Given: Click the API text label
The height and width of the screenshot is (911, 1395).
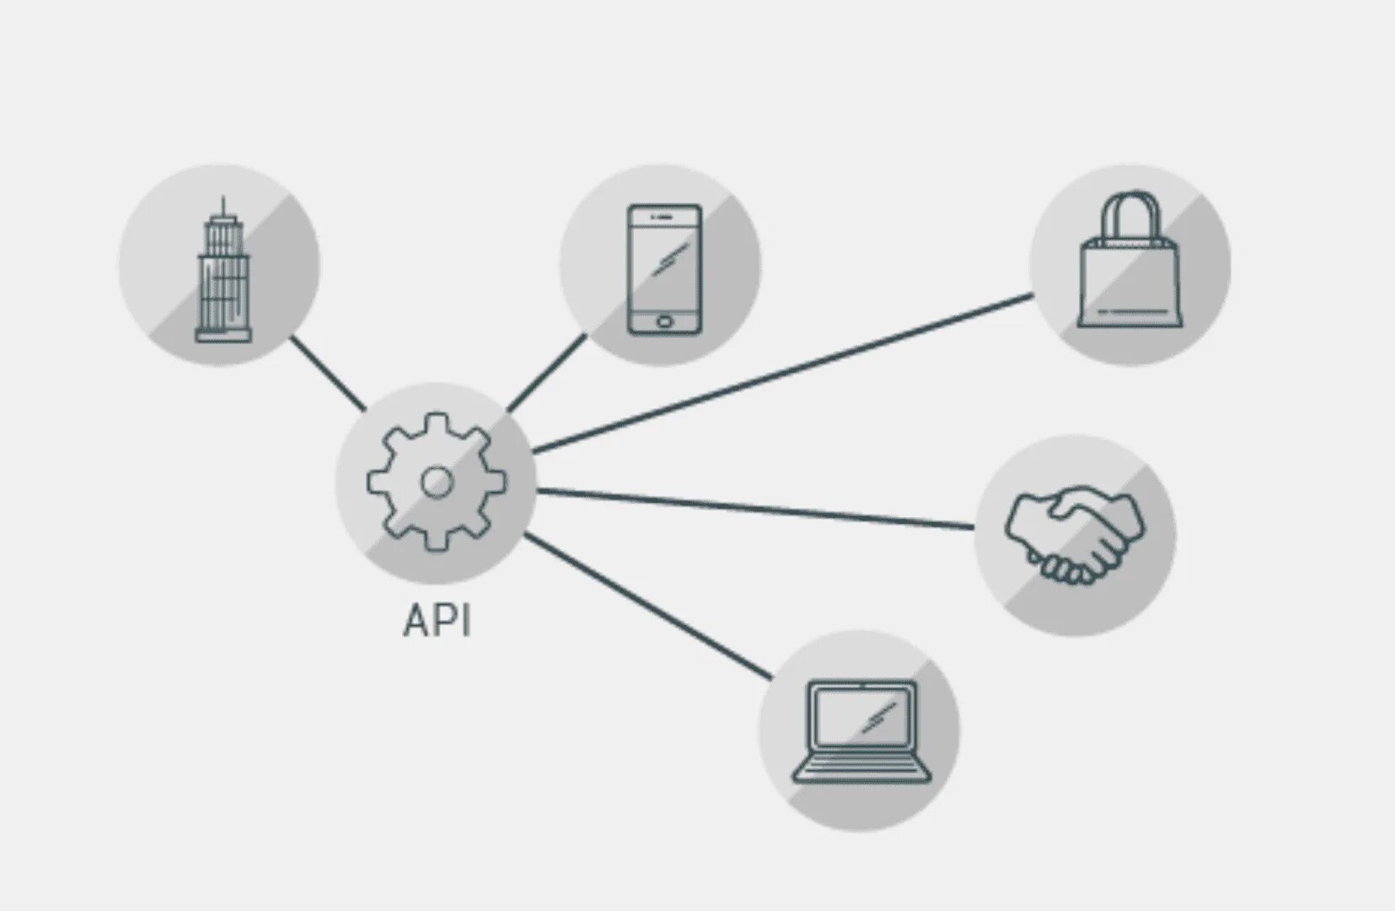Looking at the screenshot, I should pos(437,621).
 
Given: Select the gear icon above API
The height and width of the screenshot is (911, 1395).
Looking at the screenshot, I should pos(437,482).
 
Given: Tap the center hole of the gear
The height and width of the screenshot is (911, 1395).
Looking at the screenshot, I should pos(437,482).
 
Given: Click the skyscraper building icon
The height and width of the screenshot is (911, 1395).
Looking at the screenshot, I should pos(223,270).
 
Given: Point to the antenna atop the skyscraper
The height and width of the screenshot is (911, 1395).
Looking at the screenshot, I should pos(223,205).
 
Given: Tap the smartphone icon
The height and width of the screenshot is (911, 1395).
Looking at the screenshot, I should pos(664,268).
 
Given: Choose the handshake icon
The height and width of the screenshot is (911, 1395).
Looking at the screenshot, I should pos(1075,535).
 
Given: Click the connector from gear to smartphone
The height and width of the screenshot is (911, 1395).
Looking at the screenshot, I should pos(547,372).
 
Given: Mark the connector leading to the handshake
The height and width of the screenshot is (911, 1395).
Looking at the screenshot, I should pos(754,508).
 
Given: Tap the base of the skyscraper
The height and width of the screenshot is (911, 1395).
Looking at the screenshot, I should pos(223,337).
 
